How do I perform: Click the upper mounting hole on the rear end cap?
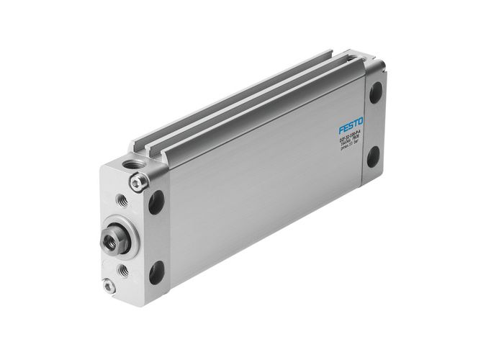point(376,95)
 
